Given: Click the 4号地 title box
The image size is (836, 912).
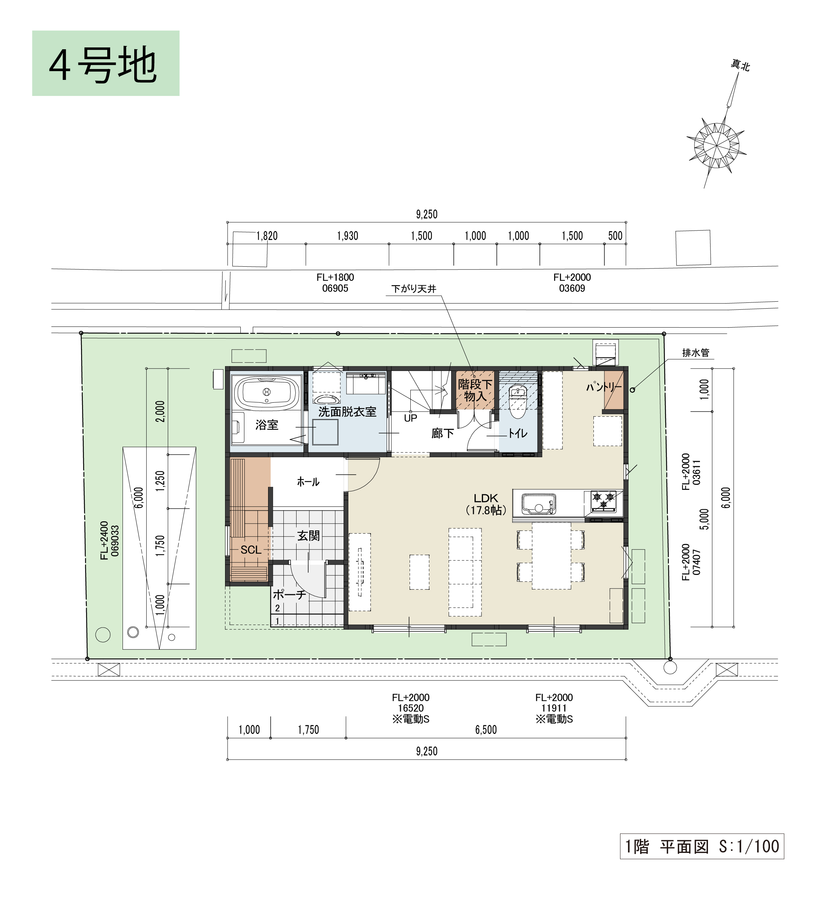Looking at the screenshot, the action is [106, 63].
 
